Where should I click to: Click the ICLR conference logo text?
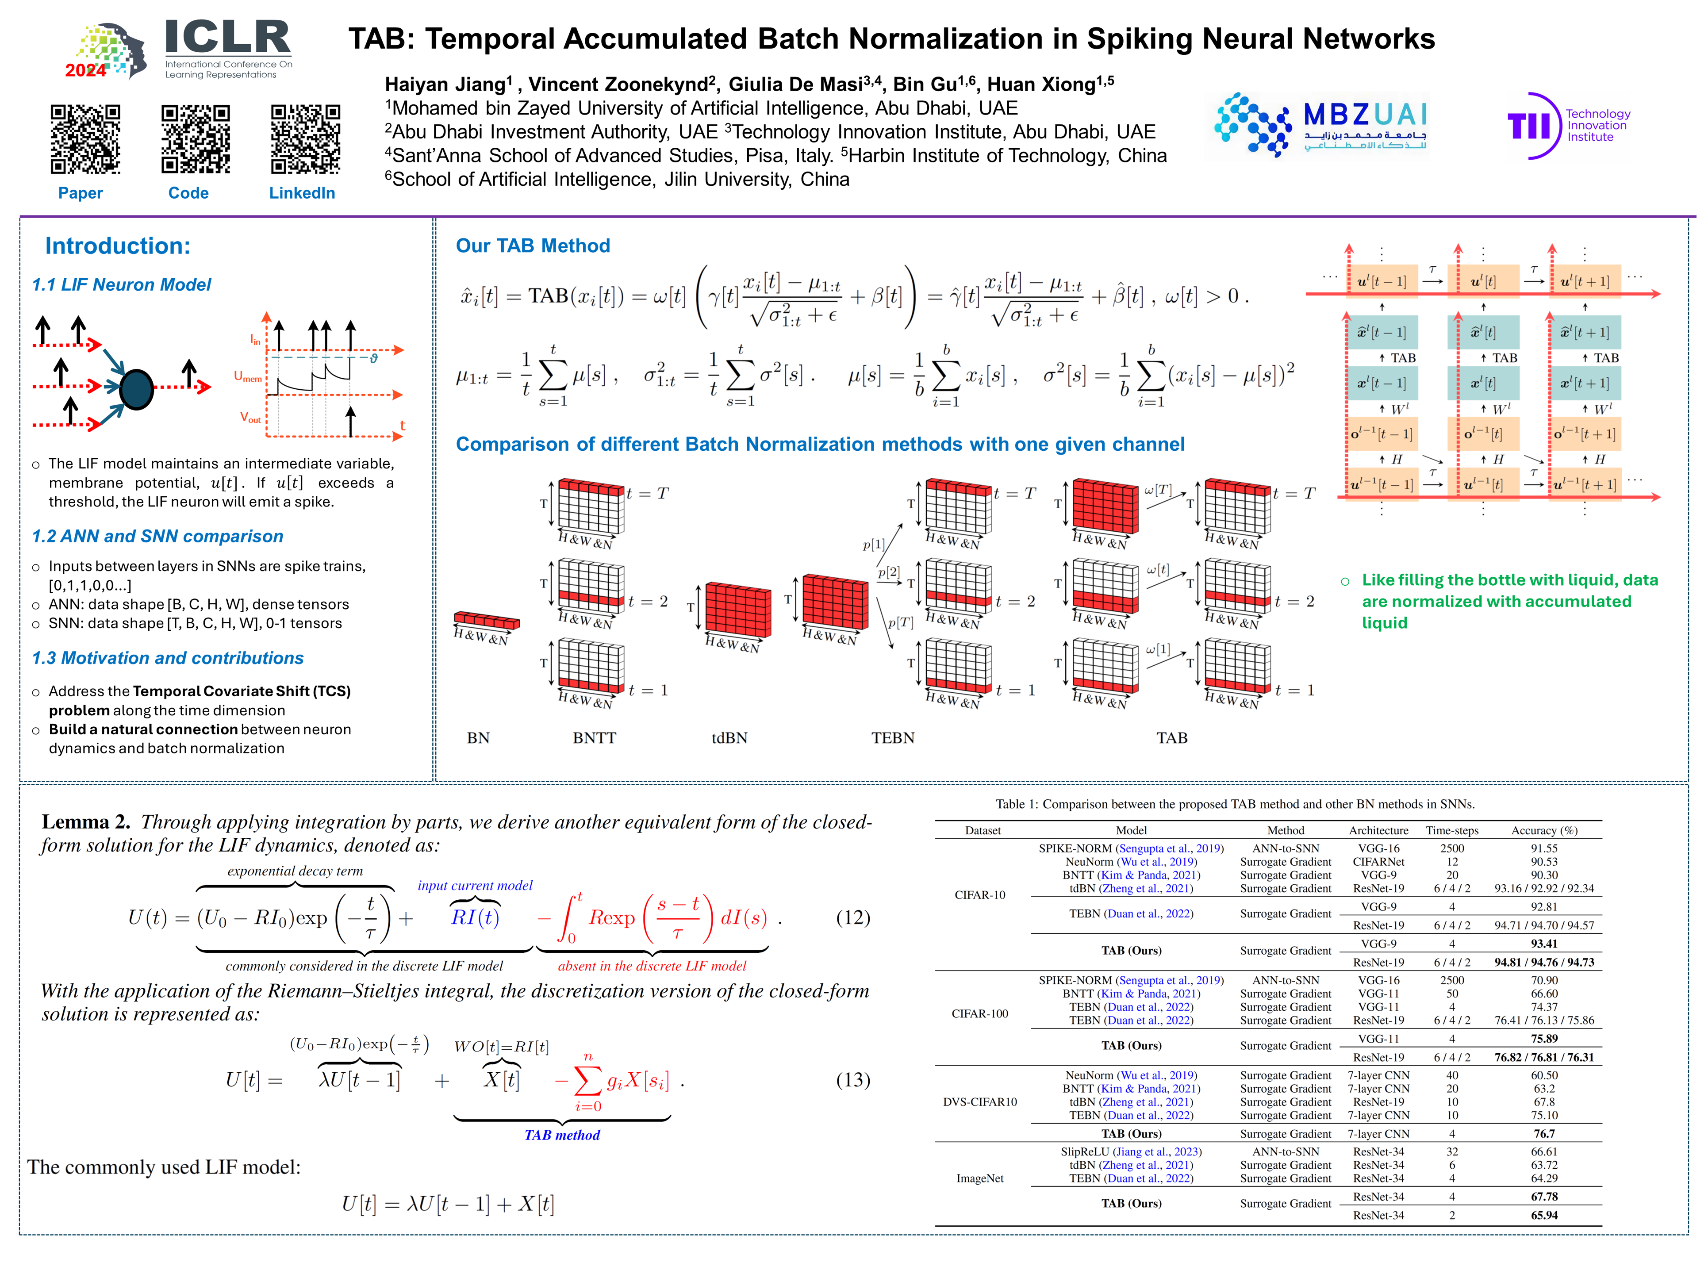coord(227,38)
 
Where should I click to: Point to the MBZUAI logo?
coord(1319,126)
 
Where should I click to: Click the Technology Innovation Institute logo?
coord(1568,126)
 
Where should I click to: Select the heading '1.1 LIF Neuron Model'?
coord(121,284)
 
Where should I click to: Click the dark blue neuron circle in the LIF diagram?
coord(137,389)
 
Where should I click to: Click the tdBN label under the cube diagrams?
coord(729,737)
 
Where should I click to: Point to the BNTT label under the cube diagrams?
coord(594,737)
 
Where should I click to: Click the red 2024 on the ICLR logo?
coord(85,70)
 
